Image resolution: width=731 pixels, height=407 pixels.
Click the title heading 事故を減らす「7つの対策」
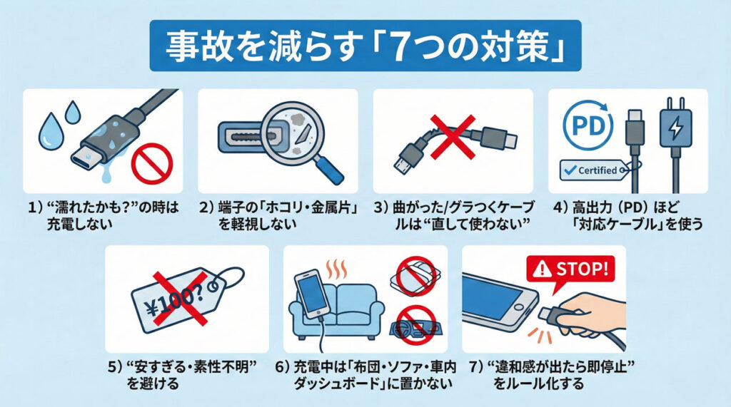pyautogui.click(x=365, y=46)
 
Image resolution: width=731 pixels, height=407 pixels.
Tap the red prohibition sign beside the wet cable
pyautogui.click(x=152, y=164)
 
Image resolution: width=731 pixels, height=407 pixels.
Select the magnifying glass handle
pyautogui.click(x=328, y=170)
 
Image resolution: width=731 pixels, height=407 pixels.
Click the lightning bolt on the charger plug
pyautogui.click(x=675, y=127)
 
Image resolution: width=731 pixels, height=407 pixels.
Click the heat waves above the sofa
pyautogui.click(x=336, y=269)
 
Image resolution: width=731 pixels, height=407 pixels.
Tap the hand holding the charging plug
pyautogui.click(x=591, y=316)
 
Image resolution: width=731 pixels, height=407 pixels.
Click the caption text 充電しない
pyautogui.click(x=80, y=224)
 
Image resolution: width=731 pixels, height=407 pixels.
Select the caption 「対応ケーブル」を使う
pyautogui.click(x=637, y=224)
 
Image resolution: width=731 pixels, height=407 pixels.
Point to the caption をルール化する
pyautogui.click(x=539, y=383)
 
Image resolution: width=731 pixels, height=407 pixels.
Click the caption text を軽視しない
pyautogui.click(x=258, y=224)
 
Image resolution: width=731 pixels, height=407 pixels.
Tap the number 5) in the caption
pyautogui.click(x=115, y=366)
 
